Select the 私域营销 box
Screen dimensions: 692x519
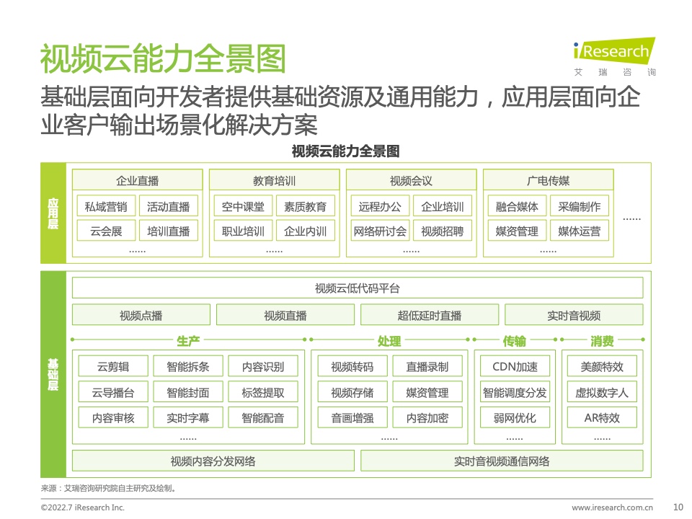coord(106,206)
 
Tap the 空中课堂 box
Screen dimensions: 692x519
coord(243,206)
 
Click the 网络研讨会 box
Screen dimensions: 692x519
coord(380,231)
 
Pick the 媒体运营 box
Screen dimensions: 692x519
coord(579,231)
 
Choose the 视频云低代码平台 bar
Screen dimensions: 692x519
coord(358,288)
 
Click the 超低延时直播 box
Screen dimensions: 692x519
coord(430,315)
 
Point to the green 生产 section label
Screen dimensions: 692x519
coord(188,341)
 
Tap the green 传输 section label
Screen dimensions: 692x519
coord(515,341)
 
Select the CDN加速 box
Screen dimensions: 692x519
coord(515,366)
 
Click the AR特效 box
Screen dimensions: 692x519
coord(602,417)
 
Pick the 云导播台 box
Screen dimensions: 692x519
coord(113,392)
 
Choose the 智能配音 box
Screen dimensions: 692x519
coord(263,417)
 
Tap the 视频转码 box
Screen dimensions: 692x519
coord(352,366)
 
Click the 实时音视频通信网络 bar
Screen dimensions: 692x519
coord(502,461)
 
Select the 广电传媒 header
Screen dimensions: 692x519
coord(548,180)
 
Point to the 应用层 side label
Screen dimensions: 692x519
coord(53,213)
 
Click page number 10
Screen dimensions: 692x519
coord(678,507)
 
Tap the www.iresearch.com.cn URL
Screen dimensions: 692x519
coord(613,507)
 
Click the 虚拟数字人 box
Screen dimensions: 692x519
coord(602,392)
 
